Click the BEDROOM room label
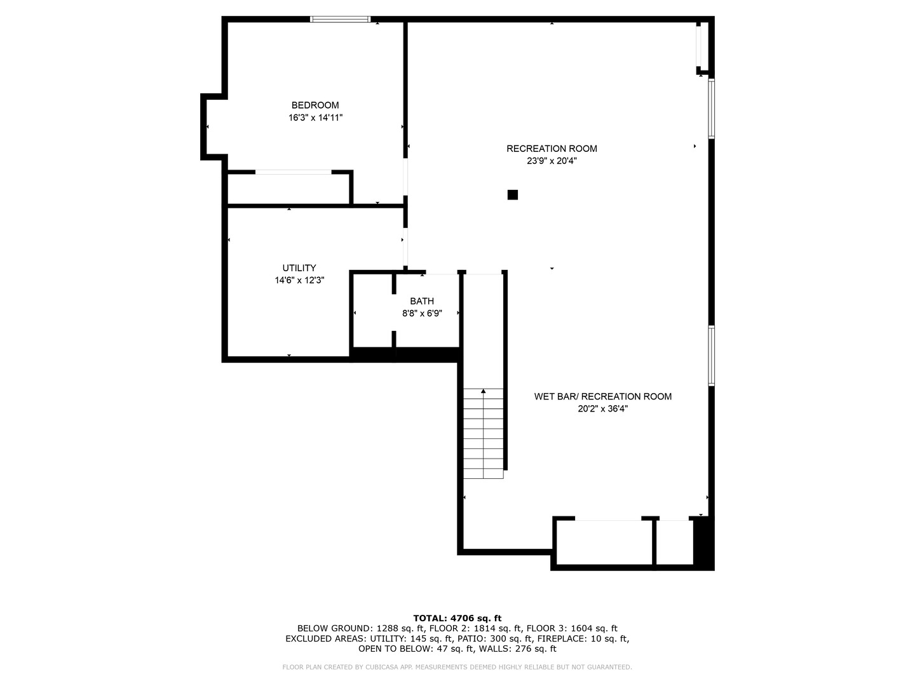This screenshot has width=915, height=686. [315, 105]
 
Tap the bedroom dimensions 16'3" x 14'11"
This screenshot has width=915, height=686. [315, 118]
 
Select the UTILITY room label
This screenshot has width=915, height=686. [299, 268]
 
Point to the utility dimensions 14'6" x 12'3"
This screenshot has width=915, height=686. [299, 280]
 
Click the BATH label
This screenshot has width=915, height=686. [422, 301]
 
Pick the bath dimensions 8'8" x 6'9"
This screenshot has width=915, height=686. [422, 313]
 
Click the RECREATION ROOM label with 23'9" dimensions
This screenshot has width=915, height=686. [552, 149]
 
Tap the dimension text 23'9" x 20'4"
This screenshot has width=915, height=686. [552, 161]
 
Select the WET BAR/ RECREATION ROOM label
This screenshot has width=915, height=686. [602, 396]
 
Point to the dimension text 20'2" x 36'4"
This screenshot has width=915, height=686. [602, 409]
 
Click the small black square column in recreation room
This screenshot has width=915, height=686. [513, 195]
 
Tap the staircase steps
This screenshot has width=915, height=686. [484, 438]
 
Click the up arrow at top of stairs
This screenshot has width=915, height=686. [484, 391]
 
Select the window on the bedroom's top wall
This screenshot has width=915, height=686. [340, 20]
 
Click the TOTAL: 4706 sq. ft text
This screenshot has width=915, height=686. [457, 618]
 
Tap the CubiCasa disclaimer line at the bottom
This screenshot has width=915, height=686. [457, 667]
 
